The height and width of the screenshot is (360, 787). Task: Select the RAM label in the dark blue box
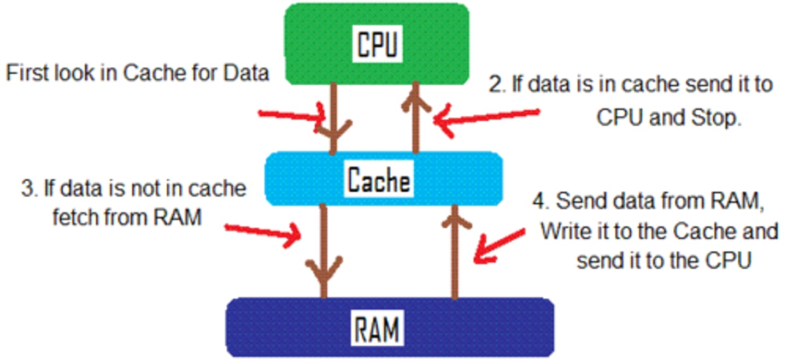(x=377, y=328)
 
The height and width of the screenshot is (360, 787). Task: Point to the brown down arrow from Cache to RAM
(x=324, y=251)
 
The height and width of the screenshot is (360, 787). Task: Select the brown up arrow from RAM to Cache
(x=454, y=251)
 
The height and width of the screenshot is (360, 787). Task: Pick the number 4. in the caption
(x=541, y=202)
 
